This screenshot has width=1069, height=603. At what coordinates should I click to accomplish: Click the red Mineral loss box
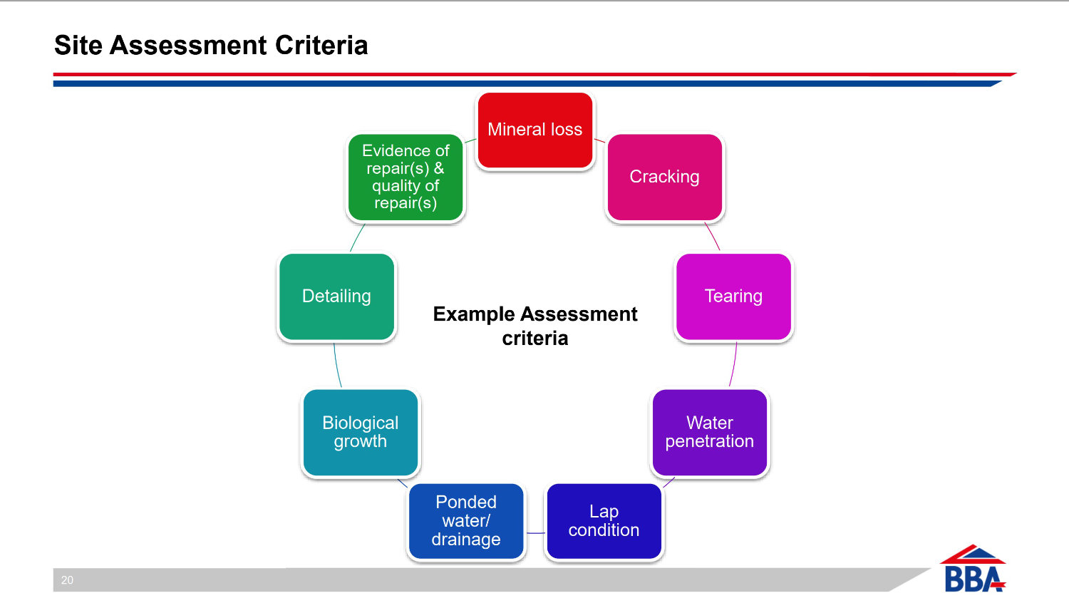(535, 130)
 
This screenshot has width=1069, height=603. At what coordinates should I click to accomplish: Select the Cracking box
(664, 177)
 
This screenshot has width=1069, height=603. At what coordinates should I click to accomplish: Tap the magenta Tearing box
(733, 297)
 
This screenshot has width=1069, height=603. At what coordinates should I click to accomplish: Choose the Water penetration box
(710, 432)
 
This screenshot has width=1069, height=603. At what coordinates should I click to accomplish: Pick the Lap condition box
(604, 521)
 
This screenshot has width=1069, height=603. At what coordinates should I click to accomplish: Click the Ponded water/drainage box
(466, 521)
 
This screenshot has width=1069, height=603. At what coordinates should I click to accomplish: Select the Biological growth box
(361, 432)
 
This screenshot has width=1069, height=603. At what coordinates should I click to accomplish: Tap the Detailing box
(337, 297)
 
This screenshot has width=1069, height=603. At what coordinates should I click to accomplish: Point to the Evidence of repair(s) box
(406, 177)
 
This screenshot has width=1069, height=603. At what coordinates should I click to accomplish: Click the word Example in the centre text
(474, 314)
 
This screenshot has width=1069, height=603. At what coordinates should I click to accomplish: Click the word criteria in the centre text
(535, 339)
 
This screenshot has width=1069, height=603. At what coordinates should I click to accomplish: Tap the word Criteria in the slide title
(321, 46)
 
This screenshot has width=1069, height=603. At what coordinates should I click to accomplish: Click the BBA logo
(974, 568)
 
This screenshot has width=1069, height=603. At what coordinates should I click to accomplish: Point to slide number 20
(67, 580)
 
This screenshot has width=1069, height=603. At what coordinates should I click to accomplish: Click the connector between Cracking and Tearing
(713, 236)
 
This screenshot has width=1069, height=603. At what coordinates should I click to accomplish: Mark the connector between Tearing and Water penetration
(733, 364)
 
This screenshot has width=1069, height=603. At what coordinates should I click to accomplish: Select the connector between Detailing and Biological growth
(337, 365)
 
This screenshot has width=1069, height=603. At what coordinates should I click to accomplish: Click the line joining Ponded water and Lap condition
(535, 533)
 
